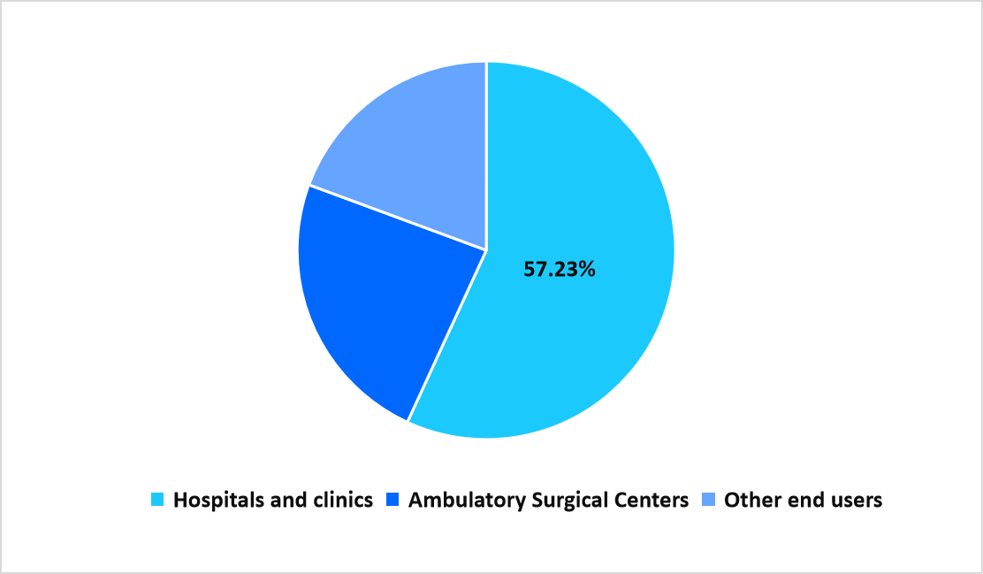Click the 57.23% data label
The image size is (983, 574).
pos(560,270)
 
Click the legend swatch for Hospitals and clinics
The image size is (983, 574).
pos(158,501)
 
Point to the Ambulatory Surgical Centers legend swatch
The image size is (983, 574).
pos(393,501)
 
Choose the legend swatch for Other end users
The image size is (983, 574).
pos(709,501)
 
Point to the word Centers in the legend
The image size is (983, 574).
pos(650,501)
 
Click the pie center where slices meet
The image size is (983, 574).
pos(486,250)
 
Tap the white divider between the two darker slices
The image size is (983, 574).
pos(398,218)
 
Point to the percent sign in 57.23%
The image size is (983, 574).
pos(587,270)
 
